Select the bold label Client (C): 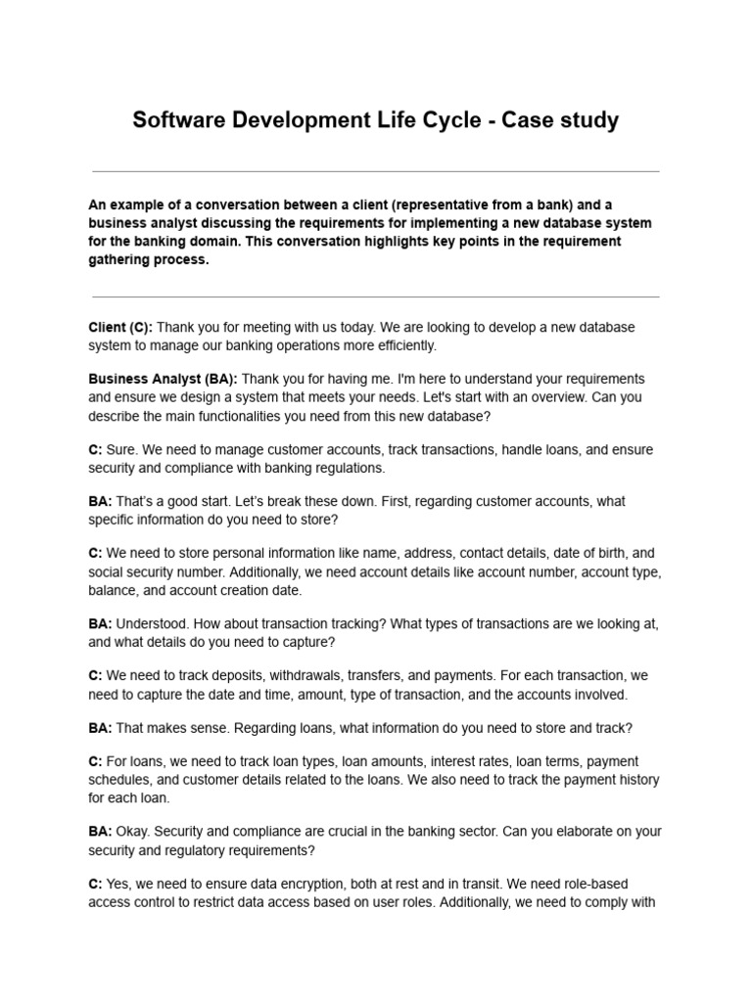tap(120, 327)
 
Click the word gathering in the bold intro tap(122, 260)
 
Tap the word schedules tap(119, 779)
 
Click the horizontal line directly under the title tap(375, 171)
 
